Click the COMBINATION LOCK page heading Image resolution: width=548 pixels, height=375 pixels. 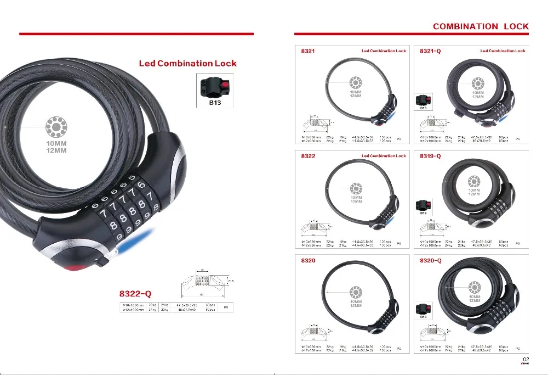point(481,26)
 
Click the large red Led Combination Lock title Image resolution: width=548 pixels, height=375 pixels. point(187,63)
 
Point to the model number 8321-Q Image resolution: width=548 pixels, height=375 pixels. point(430,51)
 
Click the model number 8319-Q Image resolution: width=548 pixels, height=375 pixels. point(430,156)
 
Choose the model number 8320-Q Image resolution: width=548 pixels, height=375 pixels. point(430,261)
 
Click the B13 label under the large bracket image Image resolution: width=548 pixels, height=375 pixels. point(214,102)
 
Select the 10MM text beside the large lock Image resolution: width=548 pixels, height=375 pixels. point(56,144)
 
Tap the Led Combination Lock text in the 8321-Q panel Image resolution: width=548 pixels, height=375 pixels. point(503,51)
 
